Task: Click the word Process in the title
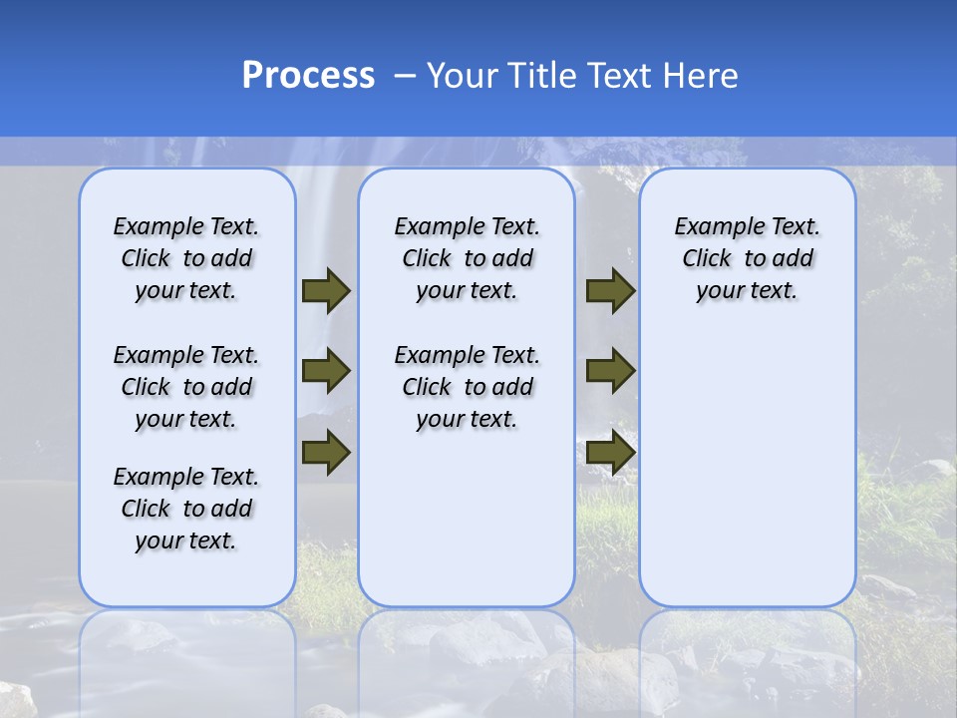(308, 75)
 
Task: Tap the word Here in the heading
(702, 76)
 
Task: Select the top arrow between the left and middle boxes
(326, 290)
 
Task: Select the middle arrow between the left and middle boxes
(326, 372)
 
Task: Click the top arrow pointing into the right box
(610, 290)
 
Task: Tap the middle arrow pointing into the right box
(610, 372)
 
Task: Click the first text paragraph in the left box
(186, 258)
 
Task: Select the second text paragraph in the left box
(186, 387)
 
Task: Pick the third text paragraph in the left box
(186, 509)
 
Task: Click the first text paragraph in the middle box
(467, 258)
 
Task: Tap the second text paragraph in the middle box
(467, 387)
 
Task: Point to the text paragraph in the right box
(748, 258)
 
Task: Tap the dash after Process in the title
(405, 76)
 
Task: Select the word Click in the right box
(707, 259)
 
